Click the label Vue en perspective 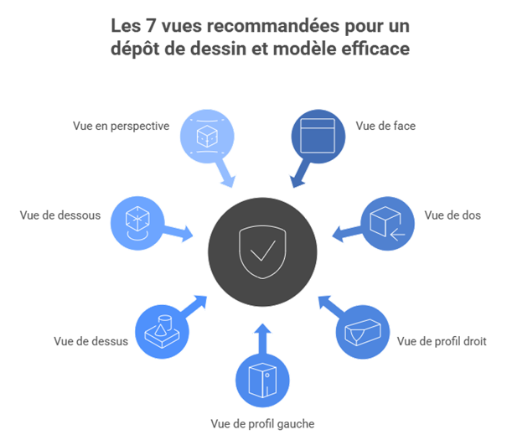coord(122,127)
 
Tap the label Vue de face coord(385,127)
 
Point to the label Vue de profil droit coord(442,342)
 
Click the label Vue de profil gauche coord(262,423)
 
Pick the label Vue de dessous coord(60,215)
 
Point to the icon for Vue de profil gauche coord(262,382)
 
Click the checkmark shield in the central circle coord(262,249)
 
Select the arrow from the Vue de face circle coord(298,174)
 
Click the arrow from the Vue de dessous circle coord(179,232)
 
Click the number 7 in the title coord(152,27)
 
